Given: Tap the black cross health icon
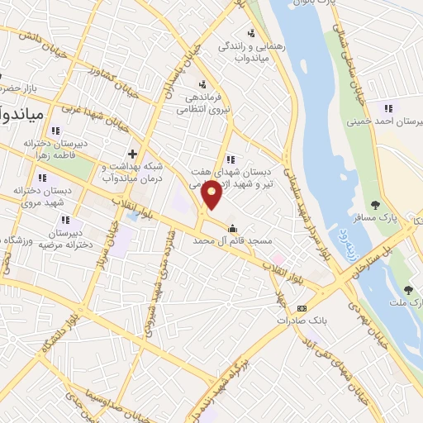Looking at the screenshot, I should click(132, 154).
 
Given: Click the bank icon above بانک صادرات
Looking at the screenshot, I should click(302, 307).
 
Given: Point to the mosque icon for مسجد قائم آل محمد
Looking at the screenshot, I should click(232, 229).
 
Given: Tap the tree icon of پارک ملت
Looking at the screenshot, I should click(408, 289).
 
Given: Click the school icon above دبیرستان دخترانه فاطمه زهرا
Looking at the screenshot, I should click(55, 131).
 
